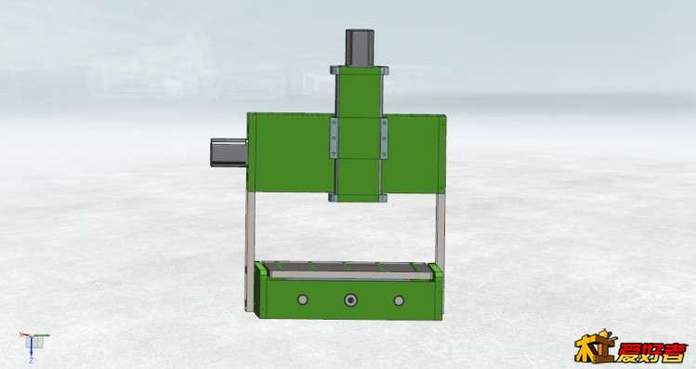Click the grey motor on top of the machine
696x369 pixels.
[x=360, y=47]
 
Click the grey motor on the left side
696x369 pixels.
[x=229, y=152]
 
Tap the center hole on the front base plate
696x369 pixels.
[x=350, y=300]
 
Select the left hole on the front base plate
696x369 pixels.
[x=303, y=299]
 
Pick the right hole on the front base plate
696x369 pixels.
[x=399, y=300]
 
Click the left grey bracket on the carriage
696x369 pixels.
[x=334, y=138]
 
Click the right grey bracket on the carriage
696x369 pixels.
[x=384, y=138]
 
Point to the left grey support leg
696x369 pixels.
[x=250, y=251]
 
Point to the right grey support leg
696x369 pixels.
[x=440, y=231]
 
